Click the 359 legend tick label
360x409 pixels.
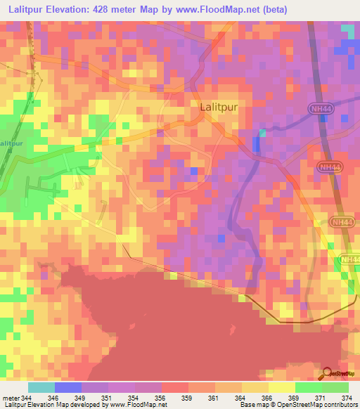(187, 398)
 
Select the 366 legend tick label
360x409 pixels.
(268, 398)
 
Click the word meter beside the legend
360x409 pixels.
(10, 398)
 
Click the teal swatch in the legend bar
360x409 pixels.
(41, 387)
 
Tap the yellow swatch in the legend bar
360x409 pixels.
(281, 387)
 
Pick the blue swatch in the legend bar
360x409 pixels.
(68, 387)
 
